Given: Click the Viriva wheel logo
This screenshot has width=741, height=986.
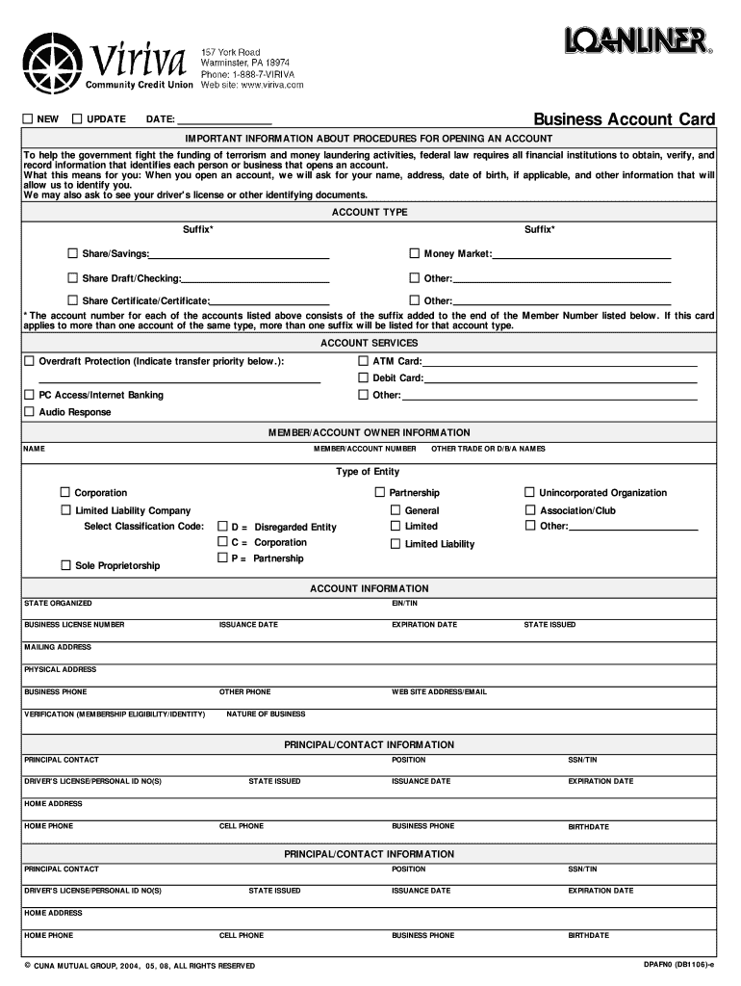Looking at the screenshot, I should coord(54,64).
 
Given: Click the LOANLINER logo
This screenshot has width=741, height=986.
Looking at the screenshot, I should coord(637,41).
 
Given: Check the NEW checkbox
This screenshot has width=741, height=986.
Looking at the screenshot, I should coord(28,118).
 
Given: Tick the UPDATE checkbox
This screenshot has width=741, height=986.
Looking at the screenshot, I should coord(77,118).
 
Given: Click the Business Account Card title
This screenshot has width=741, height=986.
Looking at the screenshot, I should coord(625,119).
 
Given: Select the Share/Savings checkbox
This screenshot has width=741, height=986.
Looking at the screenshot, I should coord(72,253).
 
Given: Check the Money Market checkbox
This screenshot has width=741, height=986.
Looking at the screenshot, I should coord(415,253).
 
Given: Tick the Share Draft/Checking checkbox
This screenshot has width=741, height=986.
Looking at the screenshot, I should coord(72,277).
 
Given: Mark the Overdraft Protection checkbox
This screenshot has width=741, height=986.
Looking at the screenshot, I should coord(28,361).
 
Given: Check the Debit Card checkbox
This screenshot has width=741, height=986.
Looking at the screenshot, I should coord(364,377).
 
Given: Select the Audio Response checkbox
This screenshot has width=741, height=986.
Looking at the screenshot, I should coord(28,411).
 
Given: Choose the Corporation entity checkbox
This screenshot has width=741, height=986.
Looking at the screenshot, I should coord(65,492).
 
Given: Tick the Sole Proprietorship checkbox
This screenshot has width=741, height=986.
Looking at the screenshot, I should coord(65,565).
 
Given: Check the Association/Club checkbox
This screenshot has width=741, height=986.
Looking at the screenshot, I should coord(530,510).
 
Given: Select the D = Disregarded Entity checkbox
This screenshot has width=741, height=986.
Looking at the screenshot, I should coord(222,527).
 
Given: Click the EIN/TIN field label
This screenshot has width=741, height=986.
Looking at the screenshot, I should coord(404,603).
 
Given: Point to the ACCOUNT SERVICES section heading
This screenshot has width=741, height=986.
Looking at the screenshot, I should coord(369,343).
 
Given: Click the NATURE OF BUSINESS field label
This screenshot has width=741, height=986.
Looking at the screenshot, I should coord(266,714).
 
